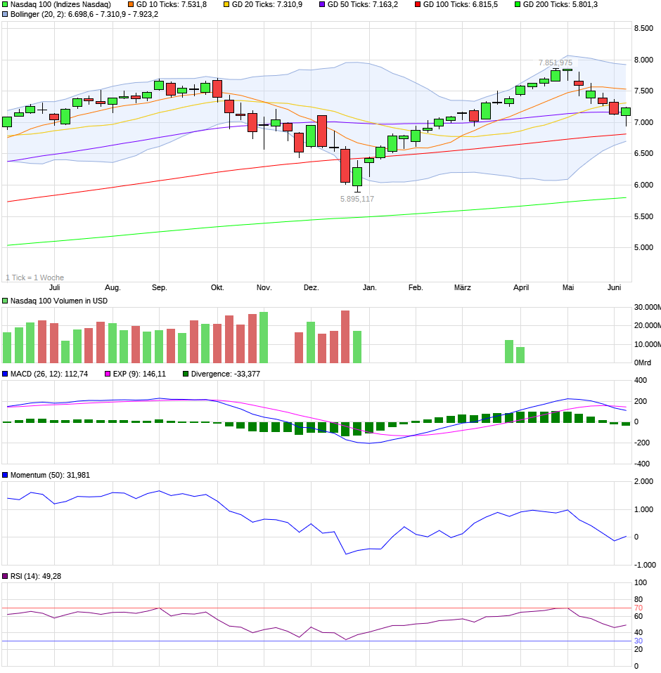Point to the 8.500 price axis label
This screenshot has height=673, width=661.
644,29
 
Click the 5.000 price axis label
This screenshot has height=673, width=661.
644,248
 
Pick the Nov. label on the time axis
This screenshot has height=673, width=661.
264,288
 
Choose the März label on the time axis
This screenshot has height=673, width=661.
462,288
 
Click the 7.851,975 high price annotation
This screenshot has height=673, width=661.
556,63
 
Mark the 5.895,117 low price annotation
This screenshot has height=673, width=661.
357,199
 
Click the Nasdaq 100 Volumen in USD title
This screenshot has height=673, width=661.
58,301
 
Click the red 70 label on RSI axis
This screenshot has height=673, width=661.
638,608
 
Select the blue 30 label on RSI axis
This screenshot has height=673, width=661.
638,641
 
